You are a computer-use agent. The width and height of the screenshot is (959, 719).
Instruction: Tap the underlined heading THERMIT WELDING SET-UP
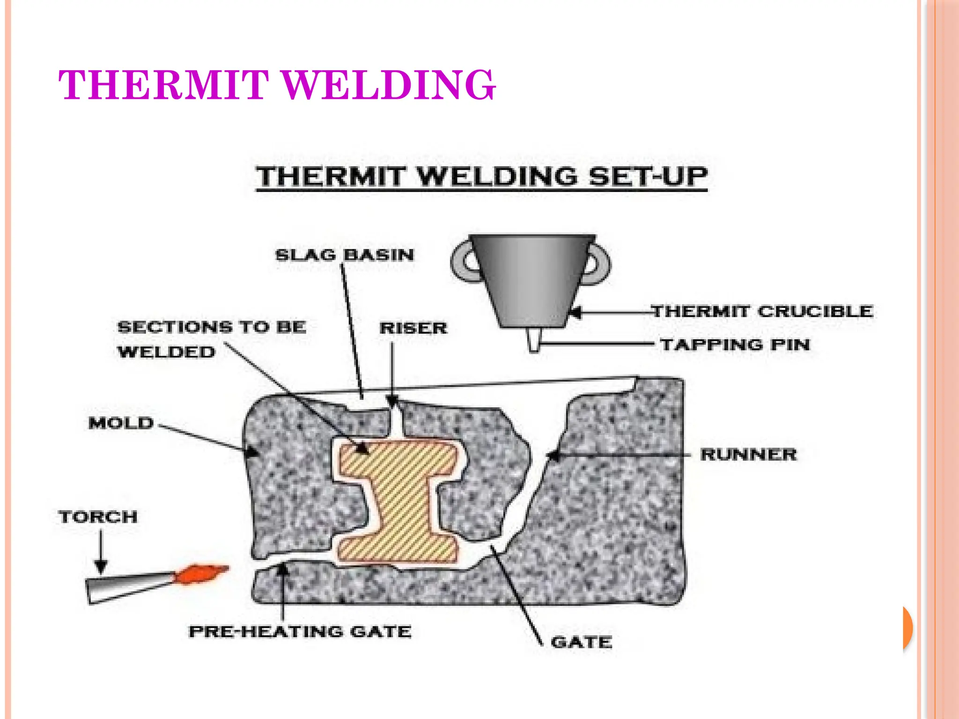(x=481, y=177)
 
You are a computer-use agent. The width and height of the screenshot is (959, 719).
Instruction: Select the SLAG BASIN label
(x=345, y=255)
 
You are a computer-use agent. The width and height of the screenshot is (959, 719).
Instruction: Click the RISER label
(x=413, y=328)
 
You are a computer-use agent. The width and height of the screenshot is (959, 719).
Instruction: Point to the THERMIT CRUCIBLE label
(x=762, y=311)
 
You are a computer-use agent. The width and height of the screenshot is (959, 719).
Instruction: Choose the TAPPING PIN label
(x=735, y=345)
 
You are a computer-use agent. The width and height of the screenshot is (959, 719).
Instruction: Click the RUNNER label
(x=748, y=455)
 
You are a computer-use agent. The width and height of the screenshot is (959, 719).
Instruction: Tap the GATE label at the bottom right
(x=581, y=642)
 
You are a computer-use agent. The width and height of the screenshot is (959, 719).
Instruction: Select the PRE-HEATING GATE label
(x=300, y=631)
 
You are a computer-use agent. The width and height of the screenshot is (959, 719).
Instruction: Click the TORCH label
(x=98, y=517)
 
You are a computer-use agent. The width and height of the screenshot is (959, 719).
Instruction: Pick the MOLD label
(x=121, y=423)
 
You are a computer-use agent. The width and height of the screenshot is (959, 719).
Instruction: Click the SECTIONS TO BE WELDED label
(x=212, y=339)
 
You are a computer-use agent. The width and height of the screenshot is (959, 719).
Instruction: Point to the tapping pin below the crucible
(x=533, y=340)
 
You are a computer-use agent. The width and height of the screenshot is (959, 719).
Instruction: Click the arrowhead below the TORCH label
(x=101, y=567)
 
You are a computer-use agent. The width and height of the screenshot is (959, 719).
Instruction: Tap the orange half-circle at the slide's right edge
(x=908, y=628)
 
